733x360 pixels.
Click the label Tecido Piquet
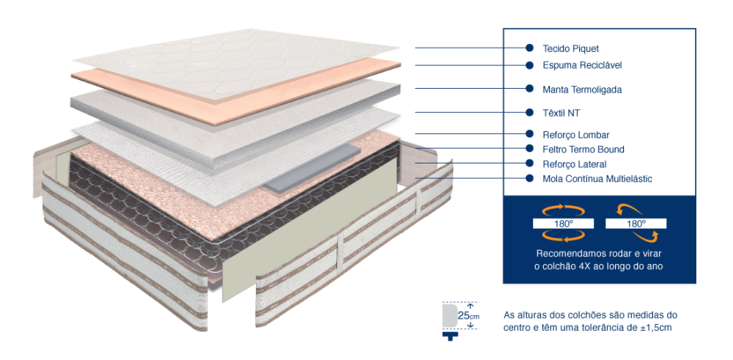pyautogui.click(x=570, y=48)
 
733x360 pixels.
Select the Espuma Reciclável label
pyautogui.click(x=582, y=65)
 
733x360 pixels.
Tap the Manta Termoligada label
pyautogui.click(x=582, y=89)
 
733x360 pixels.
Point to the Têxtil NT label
pyautogui.click(x=561, y=113)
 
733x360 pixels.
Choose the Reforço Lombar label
pyautogui.click(x=576, y=135)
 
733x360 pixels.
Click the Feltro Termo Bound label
pyautogui.click(x=583, y=150)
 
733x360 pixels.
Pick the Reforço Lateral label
pyautogui.click(x=575, y=164)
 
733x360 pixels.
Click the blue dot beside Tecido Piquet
pyautogui.click(x=529, y=48)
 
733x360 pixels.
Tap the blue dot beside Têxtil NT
pyautogui.click(x=529, y=112)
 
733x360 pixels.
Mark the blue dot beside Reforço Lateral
pyautogui.click(x=529, y=164)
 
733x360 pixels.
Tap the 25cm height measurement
pyautogui.click(x=468, y=315)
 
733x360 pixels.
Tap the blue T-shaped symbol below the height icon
pyautogui.click(x=450, y=336)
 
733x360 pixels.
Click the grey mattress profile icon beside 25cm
pyautogui.click(x=449, y=315)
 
